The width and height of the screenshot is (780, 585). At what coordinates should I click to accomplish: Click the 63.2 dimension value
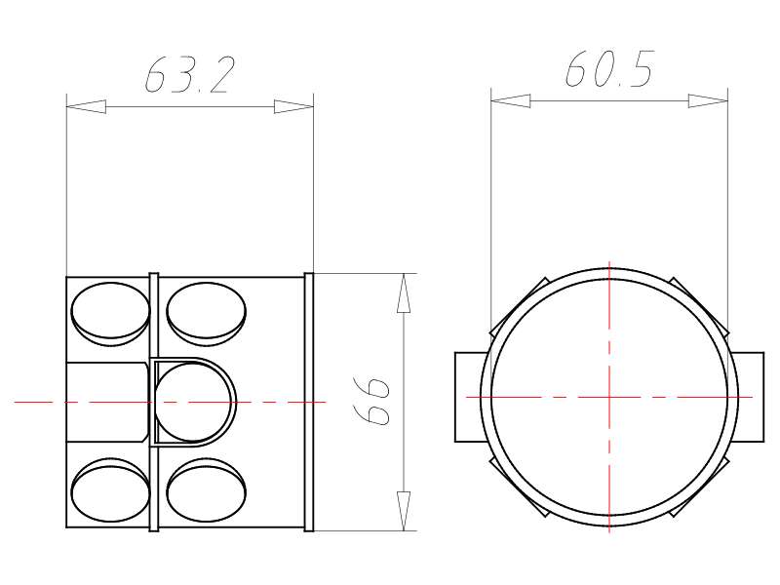click(x=189, y=75)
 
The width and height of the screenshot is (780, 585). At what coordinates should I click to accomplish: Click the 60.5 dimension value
click(x=608, y=68)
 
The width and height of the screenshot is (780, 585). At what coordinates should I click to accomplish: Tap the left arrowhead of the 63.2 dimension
click(x=86, y=106)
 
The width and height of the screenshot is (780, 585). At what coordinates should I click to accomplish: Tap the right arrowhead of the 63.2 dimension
click(x=293, y=106)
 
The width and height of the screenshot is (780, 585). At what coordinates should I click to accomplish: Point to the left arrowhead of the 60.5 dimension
click(x=510, y=101)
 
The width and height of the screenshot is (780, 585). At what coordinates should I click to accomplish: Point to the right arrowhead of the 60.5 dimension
click(x=708, y=101)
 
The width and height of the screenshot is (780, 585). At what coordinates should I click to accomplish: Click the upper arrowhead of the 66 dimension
click(x=404, y=293)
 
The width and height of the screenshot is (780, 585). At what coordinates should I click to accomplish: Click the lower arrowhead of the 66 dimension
click(x=404, y=511)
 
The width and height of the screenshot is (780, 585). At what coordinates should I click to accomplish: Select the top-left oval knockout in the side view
click(x=110, y=314)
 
